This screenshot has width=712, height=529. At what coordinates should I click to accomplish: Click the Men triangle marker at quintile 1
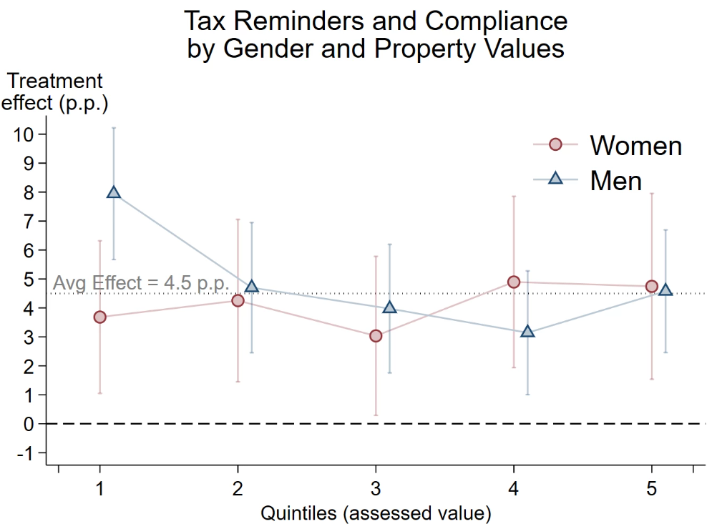point(113,192)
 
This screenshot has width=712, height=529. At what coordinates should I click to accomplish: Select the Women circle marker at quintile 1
point(99,317)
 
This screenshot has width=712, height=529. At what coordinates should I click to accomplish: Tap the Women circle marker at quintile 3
point(376,336)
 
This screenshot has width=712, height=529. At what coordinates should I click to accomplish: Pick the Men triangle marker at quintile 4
point(527,332)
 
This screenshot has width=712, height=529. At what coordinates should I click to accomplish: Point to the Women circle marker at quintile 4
point(514,282)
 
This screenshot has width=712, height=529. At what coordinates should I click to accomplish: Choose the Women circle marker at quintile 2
point(238,300)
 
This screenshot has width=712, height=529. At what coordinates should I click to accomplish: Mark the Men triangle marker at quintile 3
point(389,307)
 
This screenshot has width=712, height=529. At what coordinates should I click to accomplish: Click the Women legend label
point(635,146)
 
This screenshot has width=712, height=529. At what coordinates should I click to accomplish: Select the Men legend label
point(615,180)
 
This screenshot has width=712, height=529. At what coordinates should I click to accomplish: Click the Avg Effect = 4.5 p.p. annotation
point(142,283)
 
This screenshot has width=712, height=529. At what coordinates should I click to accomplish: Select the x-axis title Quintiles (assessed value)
point(376,513)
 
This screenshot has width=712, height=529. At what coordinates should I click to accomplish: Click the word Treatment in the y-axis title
point(55,81)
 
